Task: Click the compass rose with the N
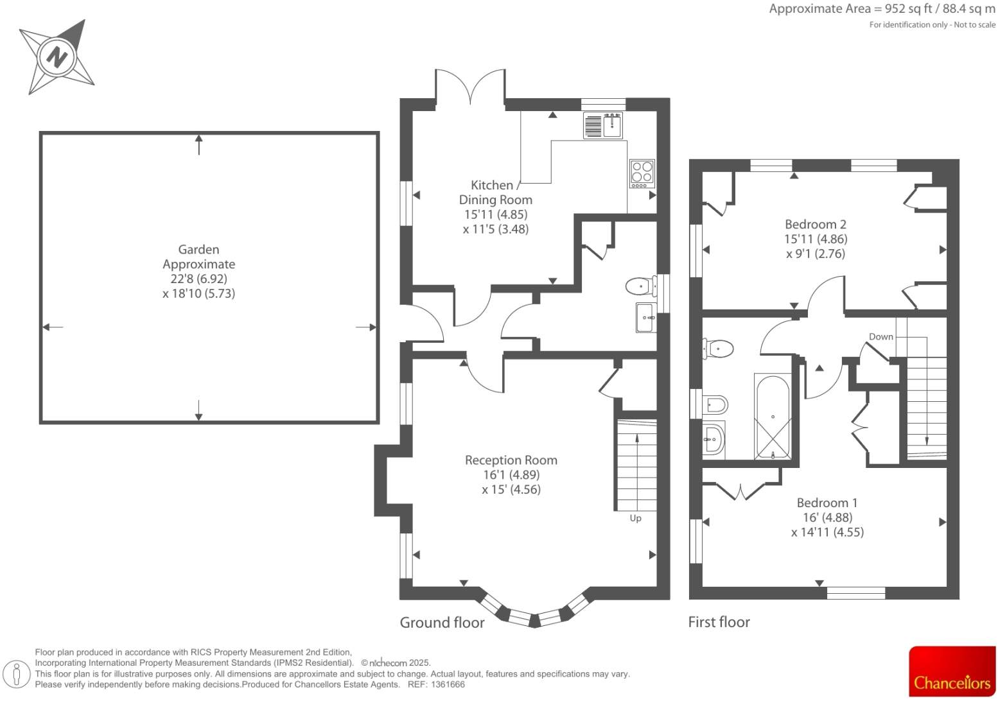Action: [x=57, y=57]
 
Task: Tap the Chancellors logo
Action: [x=952, y=671]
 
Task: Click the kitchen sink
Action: [x=604, y=125]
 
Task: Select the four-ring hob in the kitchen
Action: [x=642, y=173]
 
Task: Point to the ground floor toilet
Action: [x=639, y=286]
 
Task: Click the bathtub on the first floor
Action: [x=773, y=417]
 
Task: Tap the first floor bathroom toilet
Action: [x=718, y=349]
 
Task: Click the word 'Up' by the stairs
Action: [x=635, y=518]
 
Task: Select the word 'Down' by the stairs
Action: [x=880, y=336]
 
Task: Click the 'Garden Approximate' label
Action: [x=198, y=257]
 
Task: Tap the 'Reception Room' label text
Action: [x=511, y=460]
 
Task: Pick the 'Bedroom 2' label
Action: [x=815, y=224]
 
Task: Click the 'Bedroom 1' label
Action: [x=827, y=503]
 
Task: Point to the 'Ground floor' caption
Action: [x=442, y=622]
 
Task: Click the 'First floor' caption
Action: [x=719, y=622]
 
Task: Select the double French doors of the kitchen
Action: [x=470, y=87]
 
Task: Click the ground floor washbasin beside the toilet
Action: [x=645, y=317]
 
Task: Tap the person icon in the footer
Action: [x=17, y=673]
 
